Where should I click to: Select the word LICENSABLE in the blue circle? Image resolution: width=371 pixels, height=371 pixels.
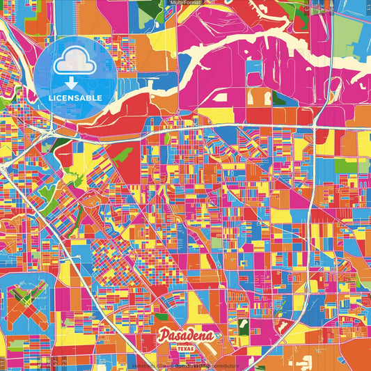pyautogui.click(x=74, y=98)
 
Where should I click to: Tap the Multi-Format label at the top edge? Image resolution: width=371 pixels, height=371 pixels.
pyautogui.click(x=184, y=3)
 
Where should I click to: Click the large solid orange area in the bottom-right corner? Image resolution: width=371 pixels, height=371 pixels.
pyautogui.click(x=348, y=348)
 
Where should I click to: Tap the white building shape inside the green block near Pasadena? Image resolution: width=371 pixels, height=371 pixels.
pyautogui.click(x=242, y=324)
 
